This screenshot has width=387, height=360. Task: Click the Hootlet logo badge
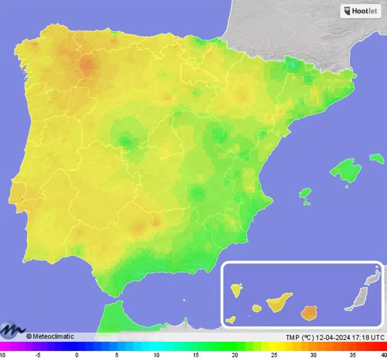pos(360,11)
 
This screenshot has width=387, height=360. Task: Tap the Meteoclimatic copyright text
pos(50,336)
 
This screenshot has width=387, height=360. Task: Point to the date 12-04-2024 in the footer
pos(333,337)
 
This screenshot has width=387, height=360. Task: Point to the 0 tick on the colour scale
pos(77,355)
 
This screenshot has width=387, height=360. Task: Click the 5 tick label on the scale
pos(117,355)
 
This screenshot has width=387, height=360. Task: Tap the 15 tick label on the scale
pos(196,355)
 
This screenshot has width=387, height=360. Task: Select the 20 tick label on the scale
pos(235,355)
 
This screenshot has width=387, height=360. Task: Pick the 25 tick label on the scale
pos(274,355)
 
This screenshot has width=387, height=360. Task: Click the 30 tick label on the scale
pos(313,355)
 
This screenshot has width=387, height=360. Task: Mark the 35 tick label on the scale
pos(352,355)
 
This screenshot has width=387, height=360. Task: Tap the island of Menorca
pos(377,158)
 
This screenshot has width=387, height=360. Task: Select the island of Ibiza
pos(305,193)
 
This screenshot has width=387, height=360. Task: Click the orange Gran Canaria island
pos(309,312)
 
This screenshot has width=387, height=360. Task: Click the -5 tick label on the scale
pos(38,355)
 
